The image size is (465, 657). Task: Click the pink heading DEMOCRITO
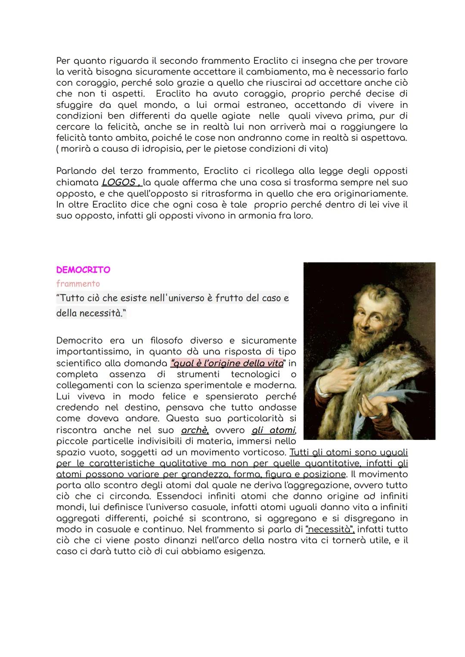click(83, 270)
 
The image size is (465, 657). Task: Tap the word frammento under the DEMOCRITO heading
click(78, 284)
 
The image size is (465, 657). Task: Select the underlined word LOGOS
click(118, 182)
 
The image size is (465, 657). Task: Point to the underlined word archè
click(194, 430)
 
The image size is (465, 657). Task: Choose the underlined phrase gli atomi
click(273, 430)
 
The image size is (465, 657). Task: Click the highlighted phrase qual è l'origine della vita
click(227, 363)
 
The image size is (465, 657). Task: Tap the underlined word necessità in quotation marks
click(329, 529)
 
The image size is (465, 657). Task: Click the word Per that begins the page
click(63, 60)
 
